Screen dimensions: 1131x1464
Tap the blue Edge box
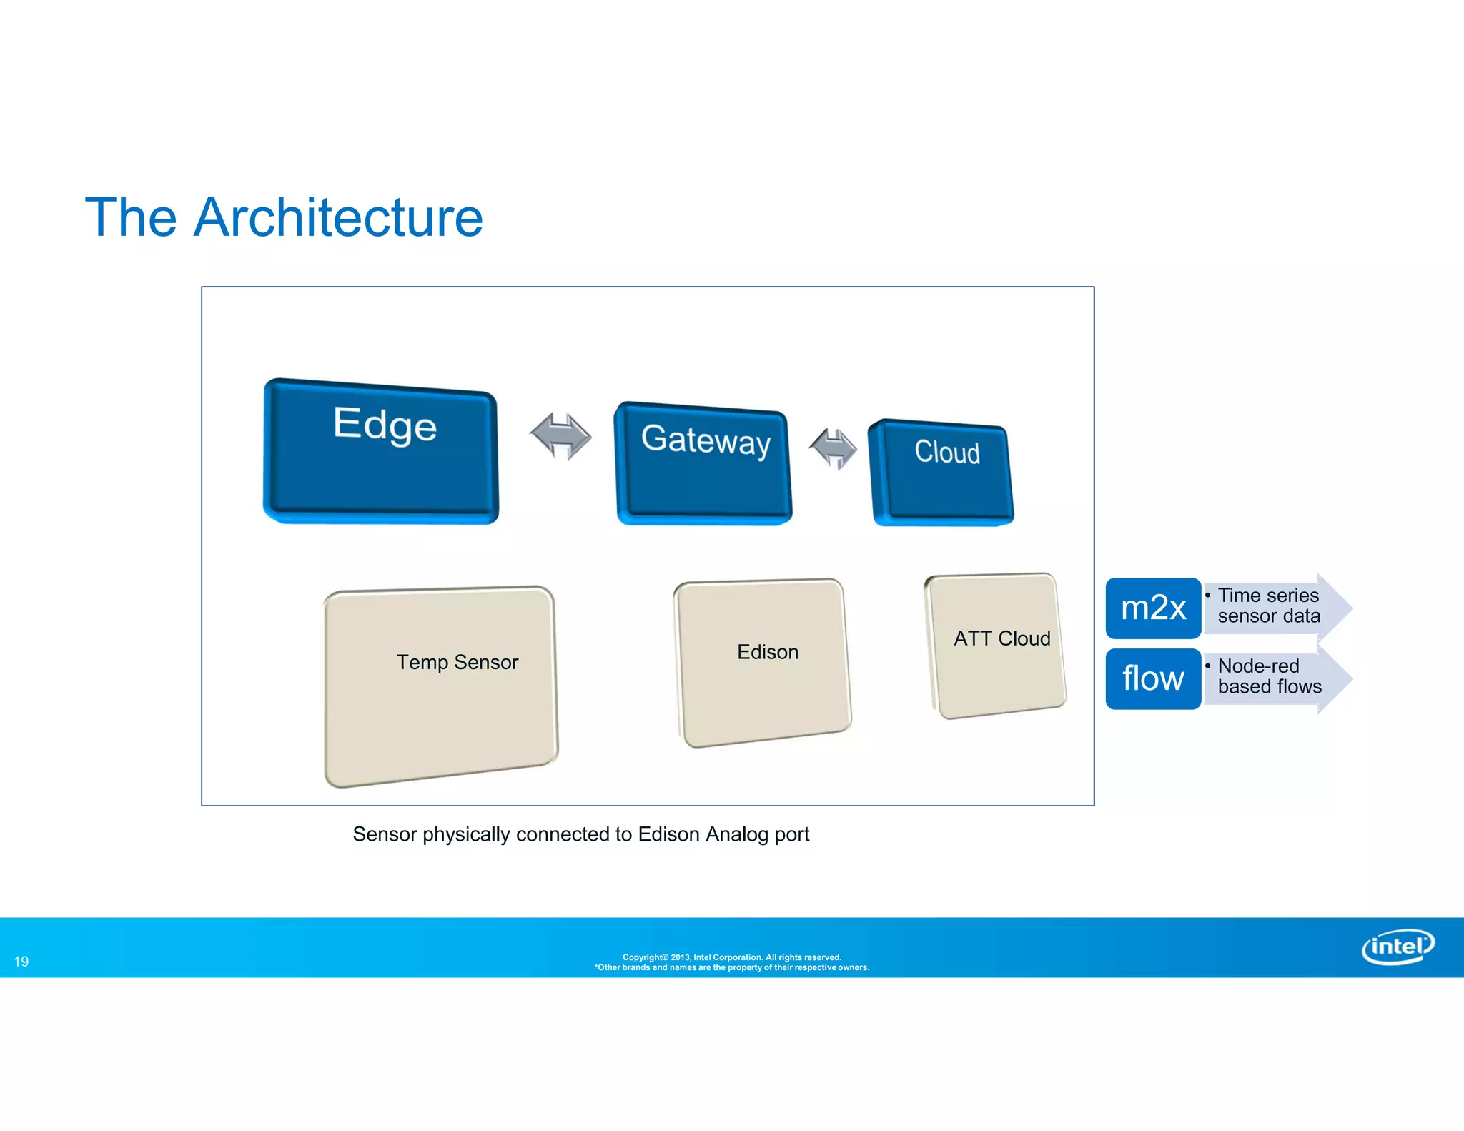point(381,452)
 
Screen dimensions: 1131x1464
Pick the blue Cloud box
point(941,473)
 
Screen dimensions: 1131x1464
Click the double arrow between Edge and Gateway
point(560,435)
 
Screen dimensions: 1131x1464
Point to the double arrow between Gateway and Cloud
point(833,448)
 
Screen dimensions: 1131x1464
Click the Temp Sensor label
point(457,662)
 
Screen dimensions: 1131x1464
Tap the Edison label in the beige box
point(767,652)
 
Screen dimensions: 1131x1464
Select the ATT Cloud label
point(1001,638)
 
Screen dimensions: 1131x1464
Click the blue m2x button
point(1153,608)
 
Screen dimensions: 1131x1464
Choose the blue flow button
point(1153,678)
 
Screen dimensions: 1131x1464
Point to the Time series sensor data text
point(1268,606)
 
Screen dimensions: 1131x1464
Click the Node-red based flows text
point(1269,676)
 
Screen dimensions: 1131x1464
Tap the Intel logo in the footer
point(1398,947)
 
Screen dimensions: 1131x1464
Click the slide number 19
point(21,962)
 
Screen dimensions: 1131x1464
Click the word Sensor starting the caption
point(385,834)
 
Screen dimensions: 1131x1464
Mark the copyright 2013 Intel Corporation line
point(731,957)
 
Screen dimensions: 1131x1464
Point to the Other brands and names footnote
point(731,968)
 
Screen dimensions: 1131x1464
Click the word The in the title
point(131,217)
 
